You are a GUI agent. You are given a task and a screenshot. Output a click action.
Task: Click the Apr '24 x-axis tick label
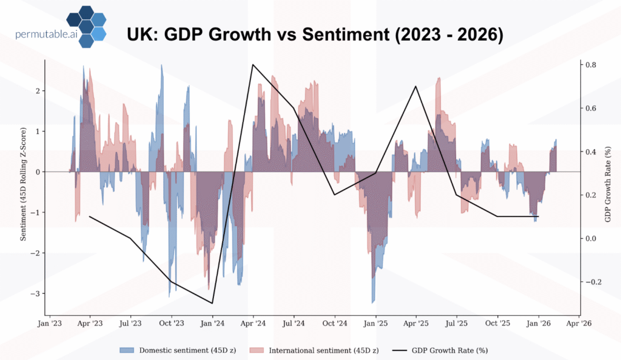click(253, 324)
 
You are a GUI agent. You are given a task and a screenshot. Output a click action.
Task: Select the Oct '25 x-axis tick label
click(497, 324)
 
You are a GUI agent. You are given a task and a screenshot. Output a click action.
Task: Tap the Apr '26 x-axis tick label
click(579, 324)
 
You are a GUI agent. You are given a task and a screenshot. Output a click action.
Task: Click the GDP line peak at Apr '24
click(253, 65)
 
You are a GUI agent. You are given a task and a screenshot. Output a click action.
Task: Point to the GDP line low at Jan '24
click(212, 303)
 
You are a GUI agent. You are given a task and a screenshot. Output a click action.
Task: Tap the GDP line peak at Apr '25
click(416, 86)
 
